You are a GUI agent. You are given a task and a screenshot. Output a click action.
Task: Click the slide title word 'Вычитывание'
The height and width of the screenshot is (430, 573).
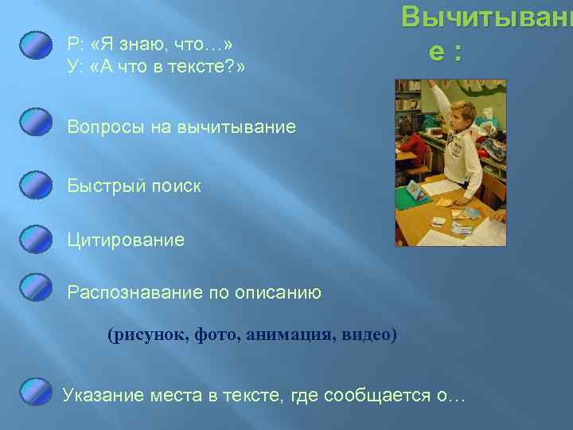[485, 18]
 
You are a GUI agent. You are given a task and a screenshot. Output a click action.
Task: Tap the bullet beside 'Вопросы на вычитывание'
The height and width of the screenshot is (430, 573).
[37, 123]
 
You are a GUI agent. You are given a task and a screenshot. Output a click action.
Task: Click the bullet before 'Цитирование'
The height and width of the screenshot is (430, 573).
[37, 238]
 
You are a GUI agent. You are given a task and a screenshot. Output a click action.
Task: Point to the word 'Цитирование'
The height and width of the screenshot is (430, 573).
[126, 240]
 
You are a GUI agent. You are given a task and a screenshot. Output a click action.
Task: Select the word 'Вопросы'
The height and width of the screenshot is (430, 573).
[101, 127]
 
